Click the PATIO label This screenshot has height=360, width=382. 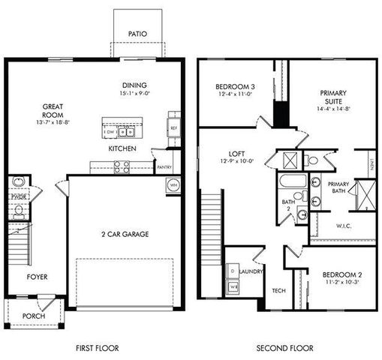[x=137, y=34]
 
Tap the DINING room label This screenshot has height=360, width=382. [x=135, y=85]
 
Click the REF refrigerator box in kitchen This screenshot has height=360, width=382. [x=173, y=128]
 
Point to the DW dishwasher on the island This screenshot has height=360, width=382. [x=110, y=132]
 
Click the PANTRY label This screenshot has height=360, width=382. [x=164, y=168]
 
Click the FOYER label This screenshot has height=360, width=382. [x=38, y=277]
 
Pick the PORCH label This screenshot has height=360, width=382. [x=33, y=316]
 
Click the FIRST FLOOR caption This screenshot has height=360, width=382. [x=98, y=348]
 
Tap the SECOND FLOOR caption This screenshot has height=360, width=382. [x=284, y=348]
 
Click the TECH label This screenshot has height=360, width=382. [x=278, y=291]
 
